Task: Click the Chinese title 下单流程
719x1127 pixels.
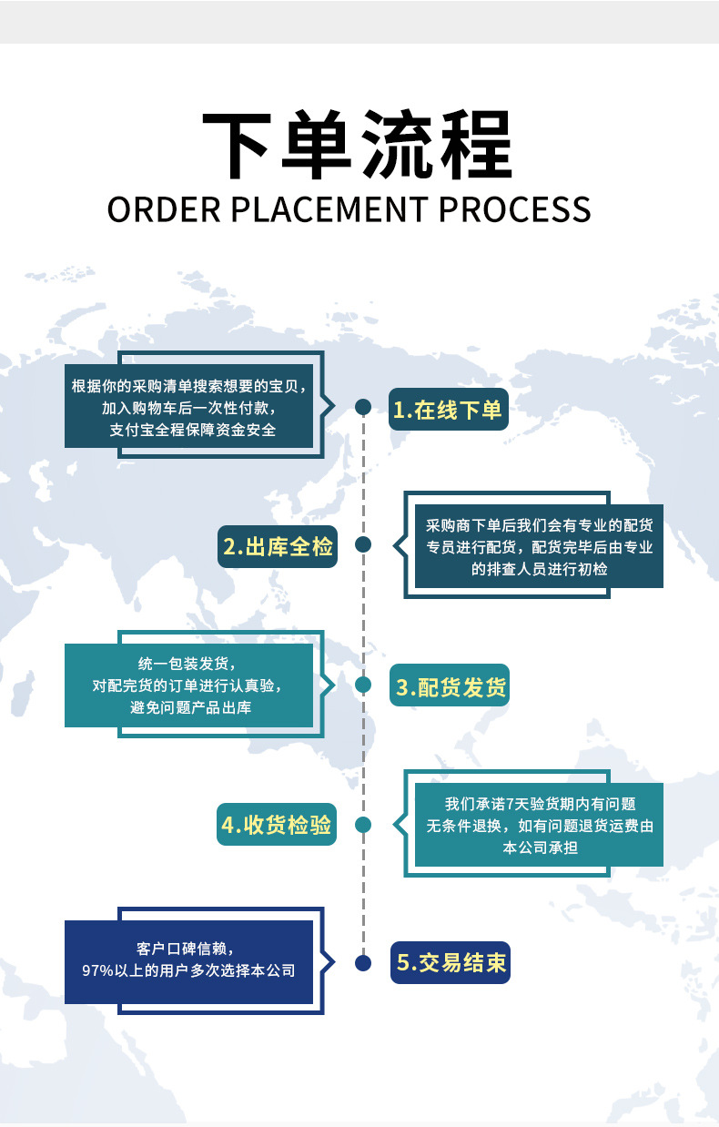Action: (358, 146)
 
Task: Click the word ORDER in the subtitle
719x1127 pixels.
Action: (164, 209)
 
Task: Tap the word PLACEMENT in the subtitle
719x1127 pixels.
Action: (329, 209)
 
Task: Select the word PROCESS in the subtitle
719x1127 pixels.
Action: (515, 209)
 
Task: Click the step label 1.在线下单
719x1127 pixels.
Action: (448, 411)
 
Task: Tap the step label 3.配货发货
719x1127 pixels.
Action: (450, 687)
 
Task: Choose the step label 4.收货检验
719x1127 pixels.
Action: (277, 827)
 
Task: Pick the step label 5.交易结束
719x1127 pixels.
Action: (451, 962)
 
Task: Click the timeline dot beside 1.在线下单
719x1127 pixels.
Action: (362, 406)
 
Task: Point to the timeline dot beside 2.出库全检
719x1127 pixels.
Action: (362, 544)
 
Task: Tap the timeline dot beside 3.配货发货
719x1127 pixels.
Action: (362, 685)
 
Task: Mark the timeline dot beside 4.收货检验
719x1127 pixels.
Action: (362, 825)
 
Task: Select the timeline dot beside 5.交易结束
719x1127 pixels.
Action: (362, 962)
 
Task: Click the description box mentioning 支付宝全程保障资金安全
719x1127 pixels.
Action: (189, 407)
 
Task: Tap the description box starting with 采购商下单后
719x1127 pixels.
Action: (539, 547)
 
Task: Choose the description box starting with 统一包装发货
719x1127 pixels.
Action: (189, 685)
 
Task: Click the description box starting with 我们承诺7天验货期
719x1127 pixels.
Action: (539, 826)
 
